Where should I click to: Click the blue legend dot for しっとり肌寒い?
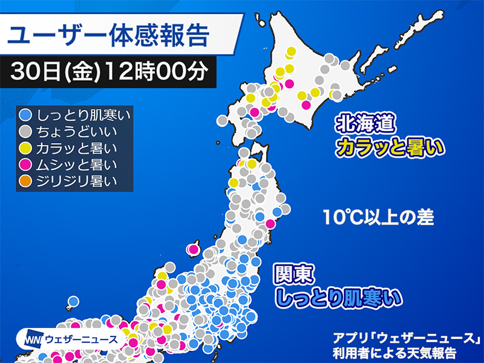coord(26,114)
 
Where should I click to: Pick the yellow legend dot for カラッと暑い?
coord(26,147)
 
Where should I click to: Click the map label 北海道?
coord(367,126)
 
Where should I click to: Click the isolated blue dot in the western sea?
coord(73,301)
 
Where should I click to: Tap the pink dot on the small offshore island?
coord(194,248)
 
